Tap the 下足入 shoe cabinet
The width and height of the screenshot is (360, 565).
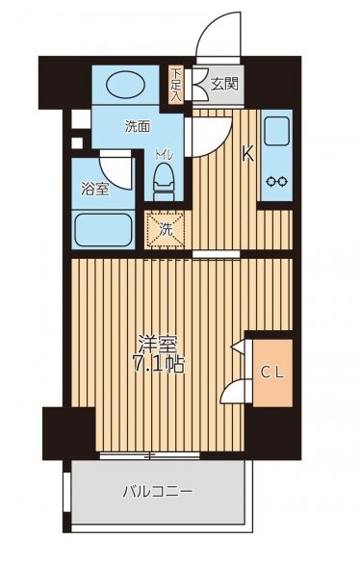(177, 85)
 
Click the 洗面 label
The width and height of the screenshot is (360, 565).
(138, 126)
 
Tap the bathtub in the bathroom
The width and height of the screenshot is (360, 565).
(103, 230)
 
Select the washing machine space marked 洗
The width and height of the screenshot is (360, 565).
(166, 229)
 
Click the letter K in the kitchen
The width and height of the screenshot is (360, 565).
(247, 152)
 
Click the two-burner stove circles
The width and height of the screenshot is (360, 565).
(277, 180)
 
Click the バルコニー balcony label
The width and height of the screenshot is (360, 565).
(158, 492)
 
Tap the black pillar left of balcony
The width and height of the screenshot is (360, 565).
(67, 432)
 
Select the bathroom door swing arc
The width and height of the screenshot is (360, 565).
(118, 171)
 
